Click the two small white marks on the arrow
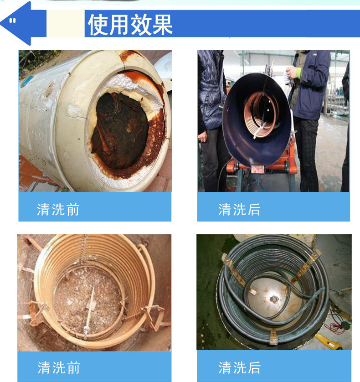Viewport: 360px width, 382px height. tap(12, 21)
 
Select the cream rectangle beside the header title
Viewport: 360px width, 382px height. tap(66, 24)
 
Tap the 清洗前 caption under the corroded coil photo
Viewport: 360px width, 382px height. tap(58, 367)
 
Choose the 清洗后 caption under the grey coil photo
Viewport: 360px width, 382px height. tap(239, 367)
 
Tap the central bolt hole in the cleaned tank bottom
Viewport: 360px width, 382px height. tap(275, 299)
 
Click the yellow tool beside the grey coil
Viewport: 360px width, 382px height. tap(329, 341)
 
